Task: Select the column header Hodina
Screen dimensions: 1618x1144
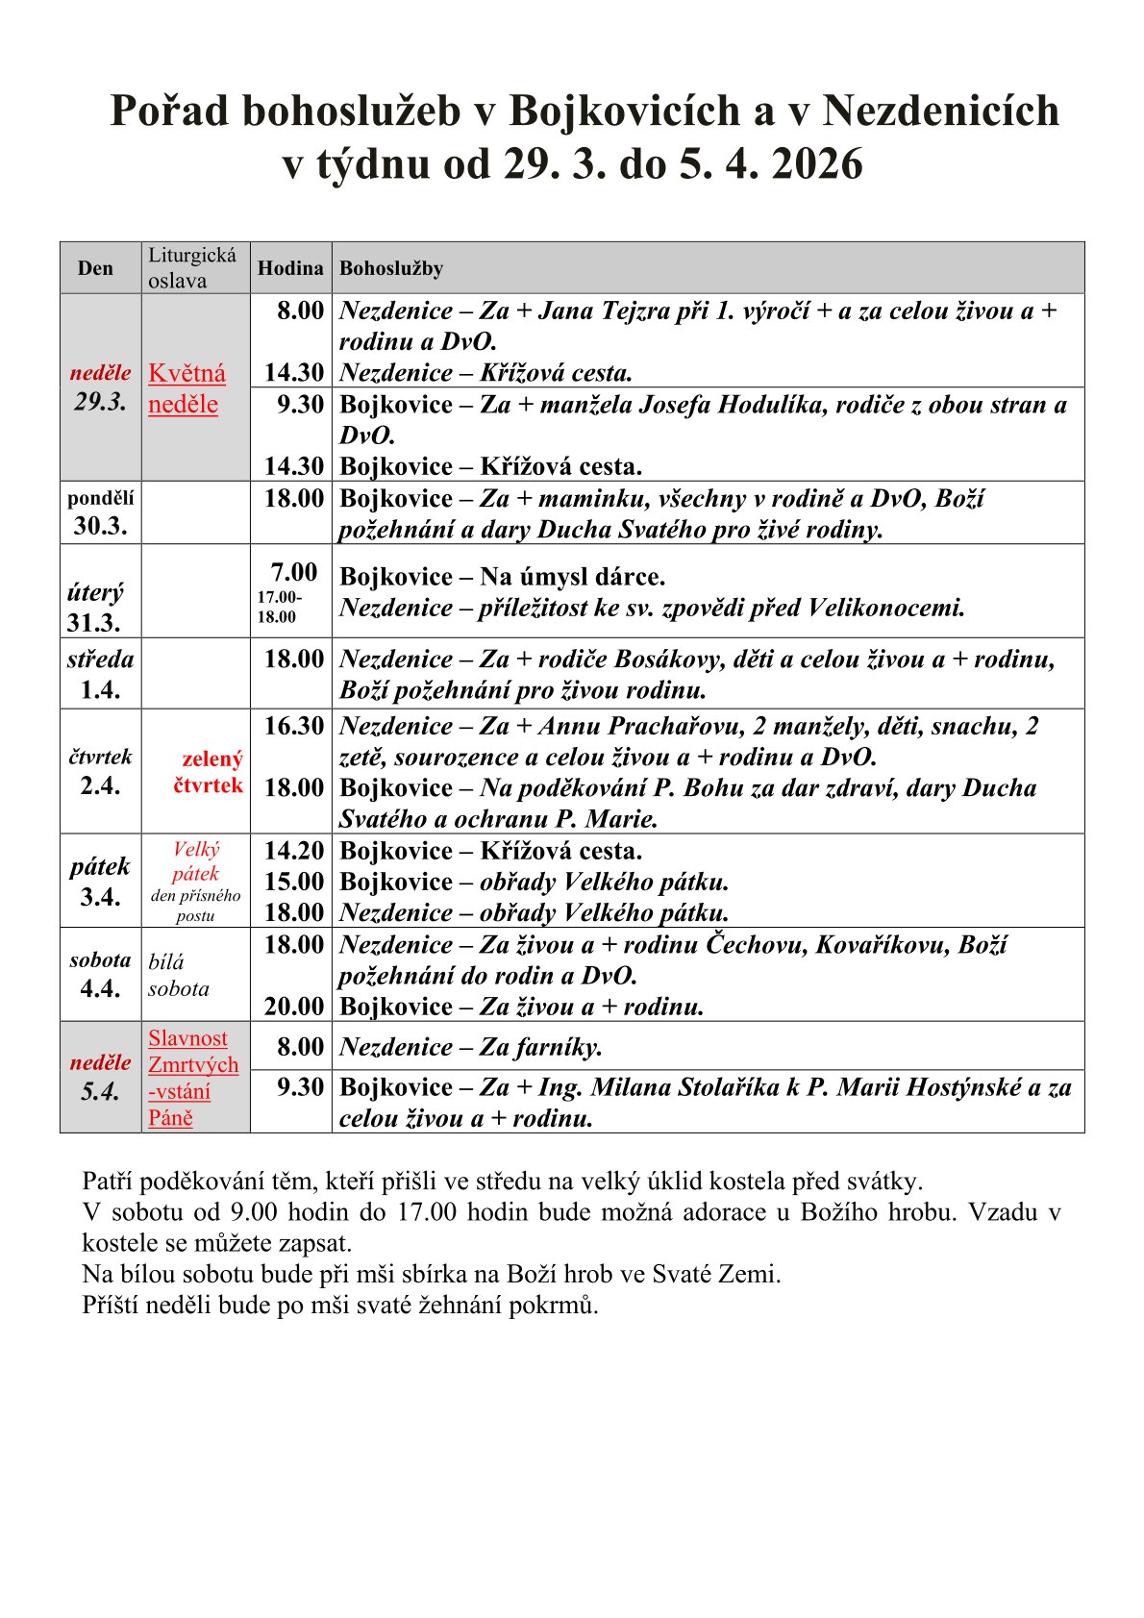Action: coord(290,268)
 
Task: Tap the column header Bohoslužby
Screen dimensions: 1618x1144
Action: coord(391,268)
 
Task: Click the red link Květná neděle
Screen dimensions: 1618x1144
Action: coord(187,388)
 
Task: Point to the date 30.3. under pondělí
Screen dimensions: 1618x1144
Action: coord(100,525)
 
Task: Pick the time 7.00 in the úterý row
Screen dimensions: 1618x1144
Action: coord(294,572)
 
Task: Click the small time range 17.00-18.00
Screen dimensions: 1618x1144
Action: coord(279,607)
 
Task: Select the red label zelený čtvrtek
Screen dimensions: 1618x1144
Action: coord(210,772)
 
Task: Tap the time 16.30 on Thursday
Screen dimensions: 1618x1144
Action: coord(294,726)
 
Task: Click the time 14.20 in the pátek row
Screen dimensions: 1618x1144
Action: coord(294,851)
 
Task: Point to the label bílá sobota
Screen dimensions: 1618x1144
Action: coord(178,975)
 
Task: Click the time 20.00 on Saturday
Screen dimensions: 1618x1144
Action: coord(294,1007)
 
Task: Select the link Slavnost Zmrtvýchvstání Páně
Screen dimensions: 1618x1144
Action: coord(192,1078)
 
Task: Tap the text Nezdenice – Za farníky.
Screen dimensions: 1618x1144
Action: coord(471,1047)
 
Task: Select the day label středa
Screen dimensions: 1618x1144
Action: coord(100,660)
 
